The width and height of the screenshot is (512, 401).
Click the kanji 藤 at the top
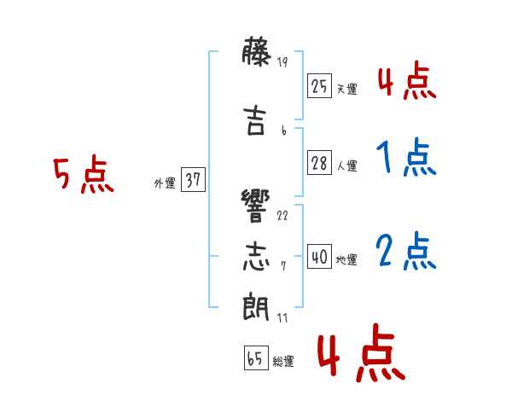pyautogui.click(x=257, y=51)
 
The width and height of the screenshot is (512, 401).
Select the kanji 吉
pyautogui.click(x=254, y=120)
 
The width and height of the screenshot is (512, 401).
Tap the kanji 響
pyautogui.click(x=256, y=206)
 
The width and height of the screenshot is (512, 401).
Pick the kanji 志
pyautogui.click(x=256, y=256)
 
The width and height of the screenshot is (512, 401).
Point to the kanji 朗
pyautogui.click(x=256, y=306)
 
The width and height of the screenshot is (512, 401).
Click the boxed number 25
pyautogui.click(x=319, y=86)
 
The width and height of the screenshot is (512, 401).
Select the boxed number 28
pyautogui.click(x=319, y=163)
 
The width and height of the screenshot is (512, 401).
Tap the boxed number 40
pyautogui.click(x=319, y=257)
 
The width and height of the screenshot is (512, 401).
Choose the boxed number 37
pyautogui.click(x=193, y=179)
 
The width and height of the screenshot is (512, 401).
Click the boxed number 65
pyautogui.click(x=256, y=357)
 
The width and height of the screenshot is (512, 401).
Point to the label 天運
pyautogui.click(x=347, y=89)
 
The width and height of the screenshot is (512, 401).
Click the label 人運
pyautogui.click(x=347, y=166)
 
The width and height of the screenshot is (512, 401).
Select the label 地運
pyautogui.click(x=346, y=259)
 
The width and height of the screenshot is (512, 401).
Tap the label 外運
pyautogui.click(x=165, y=183)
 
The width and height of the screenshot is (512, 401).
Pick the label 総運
pyautogui.click(x=283, y=361)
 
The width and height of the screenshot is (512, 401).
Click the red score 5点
pyautogui.click(x=84, y=174)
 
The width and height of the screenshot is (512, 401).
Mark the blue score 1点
pyautogui.click(x=406, y=157)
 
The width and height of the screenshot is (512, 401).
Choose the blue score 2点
pyautogui.click(x=406, y=251)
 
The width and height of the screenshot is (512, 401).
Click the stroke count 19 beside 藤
pyautogui.click(x=282, y=61)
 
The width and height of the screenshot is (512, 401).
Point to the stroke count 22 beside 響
pyautogui.click(x=282, y=216)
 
